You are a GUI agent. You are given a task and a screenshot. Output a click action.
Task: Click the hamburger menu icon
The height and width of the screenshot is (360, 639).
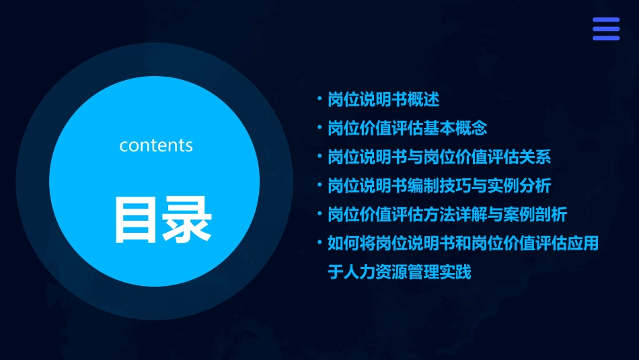click(606, 29)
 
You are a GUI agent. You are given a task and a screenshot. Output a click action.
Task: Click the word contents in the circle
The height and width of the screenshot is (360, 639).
click(156, 145)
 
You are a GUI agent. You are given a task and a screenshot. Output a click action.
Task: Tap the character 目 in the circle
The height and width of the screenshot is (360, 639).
click(137, 219)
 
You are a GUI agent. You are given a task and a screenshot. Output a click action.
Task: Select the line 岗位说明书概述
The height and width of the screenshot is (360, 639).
click(383, 100)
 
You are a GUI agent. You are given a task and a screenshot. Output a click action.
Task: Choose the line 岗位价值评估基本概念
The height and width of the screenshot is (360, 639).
click(407, 129)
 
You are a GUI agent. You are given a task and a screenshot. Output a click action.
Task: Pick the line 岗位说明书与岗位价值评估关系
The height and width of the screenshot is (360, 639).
click(439, 157)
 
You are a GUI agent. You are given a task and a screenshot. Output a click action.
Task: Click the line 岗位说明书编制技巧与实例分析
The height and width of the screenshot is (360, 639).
click(439, 186)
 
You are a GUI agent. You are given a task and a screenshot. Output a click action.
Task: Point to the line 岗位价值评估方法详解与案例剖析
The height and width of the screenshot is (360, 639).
click(447, 215)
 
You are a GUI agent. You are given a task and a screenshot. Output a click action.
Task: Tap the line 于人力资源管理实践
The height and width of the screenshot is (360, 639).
click(400, 273)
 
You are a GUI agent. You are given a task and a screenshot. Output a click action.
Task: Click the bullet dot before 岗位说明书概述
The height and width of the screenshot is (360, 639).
click(319, 99)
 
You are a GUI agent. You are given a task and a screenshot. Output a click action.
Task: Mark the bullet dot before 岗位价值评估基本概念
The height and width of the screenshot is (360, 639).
click(319, 128)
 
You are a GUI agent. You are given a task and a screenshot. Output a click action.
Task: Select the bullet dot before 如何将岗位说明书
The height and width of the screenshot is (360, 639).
click(319, 243)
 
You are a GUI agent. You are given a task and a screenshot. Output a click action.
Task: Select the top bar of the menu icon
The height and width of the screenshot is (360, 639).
click(606, 20)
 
